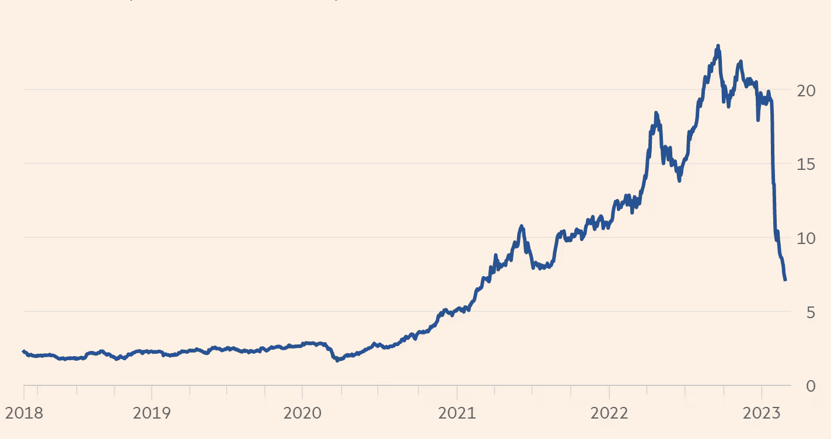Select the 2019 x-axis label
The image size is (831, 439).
[x=152, y=414]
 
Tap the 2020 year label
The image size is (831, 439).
[x=302, y=414]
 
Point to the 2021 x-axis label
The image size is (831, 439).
[x=457, y=414]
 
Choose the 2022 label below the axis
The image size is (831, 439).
[x=609, y=414]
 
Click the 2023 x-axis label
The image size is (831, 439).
[x=761, y=414]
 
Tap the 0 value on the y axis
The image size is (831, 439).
[x=811, y=386]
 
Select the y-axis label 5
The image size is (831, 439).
[x=811, y=312]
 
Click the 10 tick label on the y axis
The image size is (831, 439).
[x=806, y=238]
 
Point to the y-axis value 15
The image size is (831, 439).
[x=806, y=164]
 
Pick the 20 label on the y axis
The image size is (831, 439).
[x=806, y=90]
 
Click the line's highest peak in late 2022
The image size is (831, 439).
[x=718, y=46]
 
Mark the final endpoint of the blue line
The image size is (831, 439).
[x=785, y=280]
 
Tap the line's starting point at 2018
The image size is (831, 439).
[x=23, y=351]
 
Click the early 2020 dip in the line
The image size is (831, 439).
[x=337, y=360]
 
